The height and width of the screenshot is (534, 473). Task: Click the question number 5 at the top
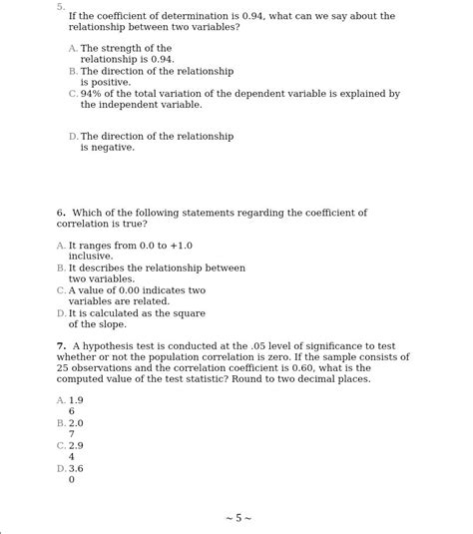60,6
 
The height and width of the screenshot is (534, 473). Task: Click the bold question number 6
61,213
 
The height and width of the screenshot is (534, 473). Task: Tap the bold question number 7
61,346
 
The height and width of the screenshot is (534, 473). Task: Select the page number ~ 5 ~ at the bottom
237,518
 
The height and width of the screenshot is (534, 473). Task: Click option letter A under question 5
73,49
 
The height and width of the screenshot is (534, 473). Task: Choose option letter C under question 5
73,94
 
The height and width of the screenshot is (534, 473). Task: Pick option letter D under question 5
73,137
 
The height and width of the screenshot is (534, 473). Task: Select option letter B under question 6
61,268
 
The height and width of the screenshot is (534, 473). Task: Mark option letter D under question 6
61,313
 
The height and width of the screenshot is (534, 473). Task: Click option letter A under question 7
61,400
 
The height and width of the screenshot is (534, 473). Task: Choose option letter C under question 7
61,445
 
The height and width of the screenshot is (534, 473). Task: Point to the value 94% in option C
92,94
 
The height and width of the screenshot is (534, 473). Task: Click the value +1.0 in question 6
180,246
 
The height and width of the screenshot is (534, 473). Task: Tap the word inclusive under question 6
90,257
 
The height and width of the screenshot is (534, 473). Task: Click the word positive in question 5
111,83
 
